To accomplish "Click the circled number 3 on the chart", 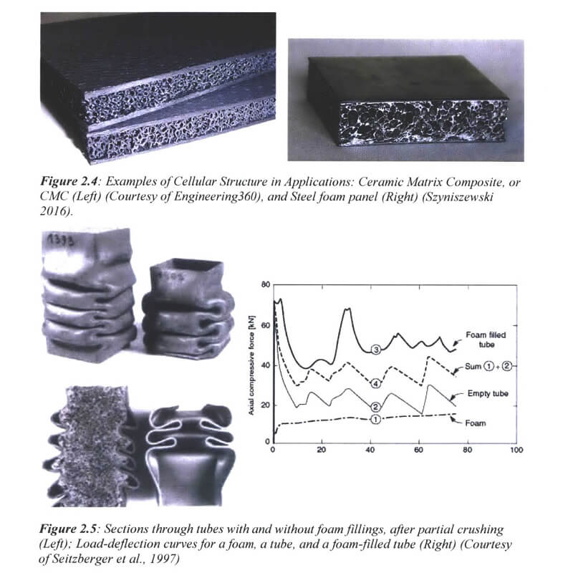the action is pyautogui.click(x=376, y=350).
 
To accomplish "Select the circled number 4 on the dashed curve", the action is pyautogui.click(x=376, y=383).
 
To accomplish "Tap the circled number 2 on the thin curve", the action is pyautogui.click(x=376, y=407).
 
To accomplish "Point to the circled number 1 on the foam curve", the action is pyautogui.click(x=375, y=419).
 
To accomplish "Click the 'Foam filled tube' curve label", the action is pyautogui.click(x=486, y=340).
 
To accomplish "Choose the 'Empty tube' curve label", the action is pyautogui.click(x=488, y=393).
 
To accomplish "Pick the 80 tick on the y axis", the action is pyautogui.click(x=266, y=284).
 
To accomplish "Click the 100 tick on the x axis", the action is pyautogui.click(x=516, y=450).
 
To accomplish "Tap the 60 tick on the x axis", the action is pyautogui.click(x=419, y=450).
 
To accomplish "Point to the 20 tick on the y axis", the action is pyautogui.click(x=266, y=405).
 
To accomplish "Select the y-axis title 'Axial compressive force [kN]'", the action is pyautogui.click(x=251, y=365).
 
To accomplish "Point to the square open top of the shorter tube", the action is pyautogui.click(x=187, y=266).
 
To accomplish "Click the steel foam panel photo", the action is pyautogui.click(x=405, y=100).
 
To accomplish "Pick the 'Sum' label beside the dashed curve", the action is pyautogui.click(x=473, y=366).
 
